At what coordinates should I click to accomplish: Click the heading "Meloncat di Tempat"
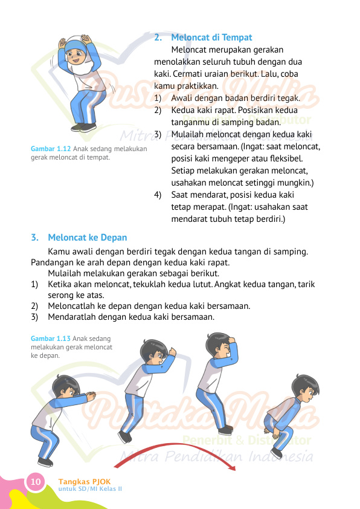(x=211, y=37)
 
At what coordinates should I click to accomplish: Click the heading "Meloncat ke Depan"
(x=88, y=237)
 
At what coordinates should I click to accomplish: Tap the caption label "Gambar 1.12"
(x=50, y=149)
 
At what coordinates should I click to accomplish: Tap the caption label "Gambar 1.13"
(x=50, y=339)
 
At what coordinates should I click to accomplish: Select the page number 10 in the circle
(x=36, y=482)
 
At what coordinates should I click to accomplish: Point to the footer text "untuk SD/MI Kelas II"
(x=90, y=489)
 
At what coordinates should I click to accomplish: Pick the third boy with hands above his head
(x=216, y=381)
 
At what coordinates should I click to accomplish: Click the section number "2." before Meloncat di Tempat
(x=158, y=37)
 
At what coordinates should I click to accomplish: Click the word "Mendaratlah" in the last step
(x=72, y=316)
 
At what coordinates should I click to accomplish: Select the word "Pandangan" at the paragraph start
(x=51, y=262)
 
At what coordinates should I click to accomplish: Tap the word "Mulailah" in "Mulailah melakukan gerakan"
(x=65, y=273)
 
